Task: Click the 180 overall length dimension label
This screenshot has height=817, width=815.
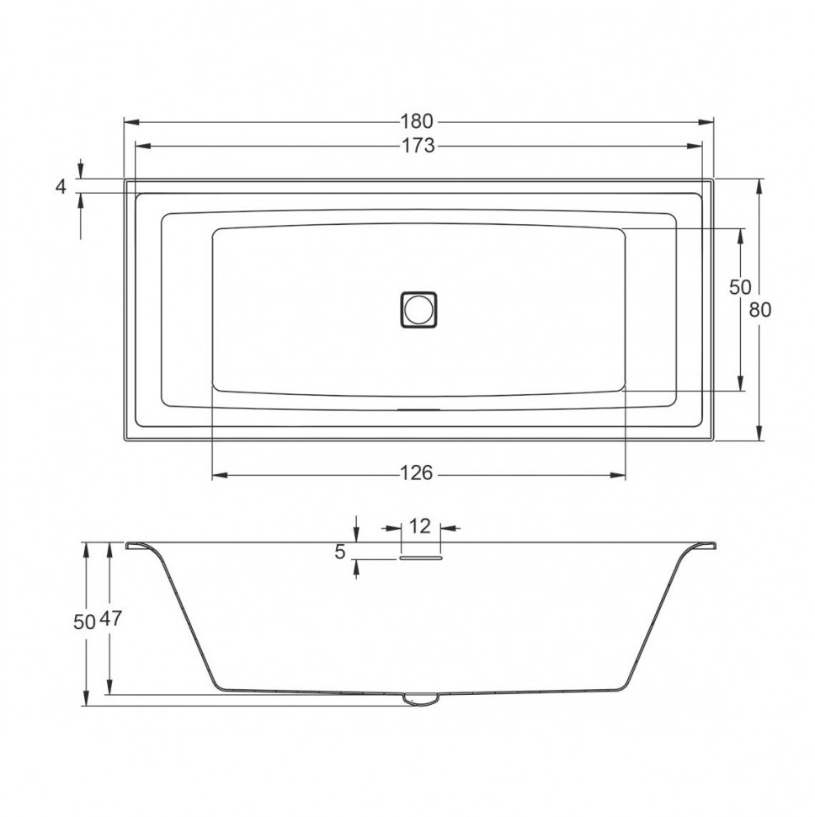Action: pos(417,121)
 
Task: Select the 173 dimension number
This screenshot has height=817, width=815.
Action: pos(418,146)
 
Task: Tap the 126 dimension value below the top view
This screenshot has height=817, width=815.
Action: pos(417,473)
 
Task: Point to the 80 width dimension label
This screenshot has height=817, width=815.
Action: pos(759,310)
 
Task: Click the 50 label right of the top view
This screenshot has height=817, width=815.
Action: pos(740,287)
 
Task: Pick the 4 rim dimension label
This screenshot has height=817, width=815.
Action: pos(61,186)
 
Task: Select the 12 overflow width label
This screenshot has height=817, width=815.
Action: pos(420,526)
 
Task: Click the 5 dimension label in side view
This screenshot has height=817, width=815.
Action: pos(340,553)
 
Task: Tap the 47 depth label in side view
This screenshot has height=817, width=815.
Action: pos(110,618)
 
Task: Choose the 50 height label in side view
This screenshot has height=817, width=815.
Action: pos(84,622)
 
